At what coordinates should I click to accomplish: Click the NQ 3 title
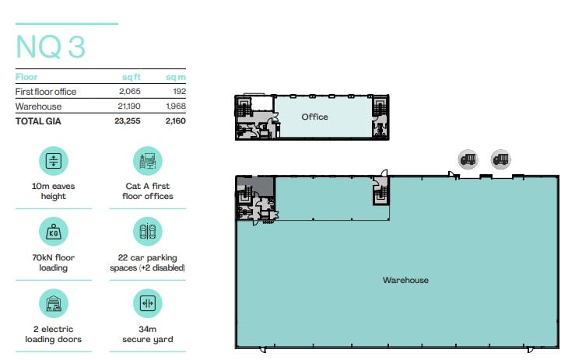51,47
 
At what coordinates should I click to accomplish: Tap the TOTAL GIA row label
38,121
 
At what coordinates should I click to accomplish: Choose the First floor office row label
46,92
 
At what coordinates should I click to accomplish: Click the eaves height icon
53,161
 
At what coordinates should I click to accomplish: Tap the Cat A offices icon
147,161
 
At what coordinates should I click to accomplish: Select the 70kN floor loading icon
53,232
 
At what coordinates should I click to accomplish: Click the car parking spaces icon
147,232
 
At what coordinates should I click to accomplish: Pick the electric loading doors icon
53,303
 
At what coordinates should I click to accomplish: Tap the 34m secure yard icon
147,303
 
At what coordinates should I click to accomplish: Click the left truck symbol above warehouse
468,160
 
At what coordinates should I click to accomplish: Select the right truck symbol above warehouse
500,160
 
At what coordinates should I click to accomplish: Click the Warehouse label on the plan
405,280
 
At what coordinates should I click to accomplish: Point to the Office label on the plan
315,117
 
